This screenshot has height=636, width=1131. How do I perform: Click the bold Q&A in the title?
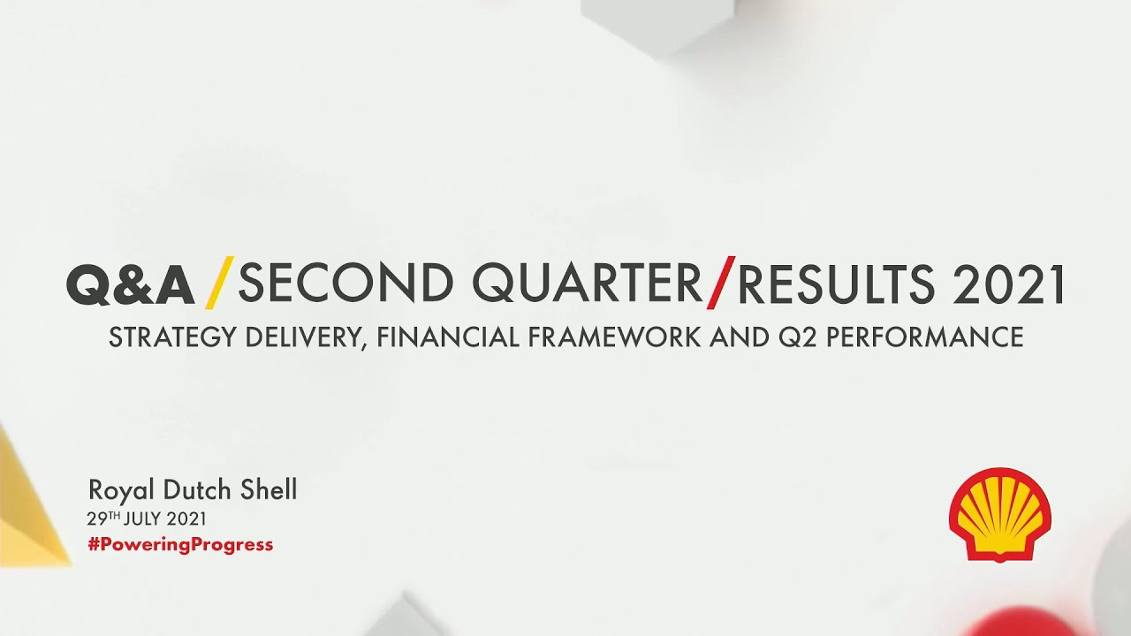130,284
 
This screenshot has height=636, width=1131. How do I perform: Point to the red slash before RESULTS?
720,283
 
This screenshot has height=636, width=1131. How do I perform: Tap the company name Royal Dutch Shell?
193,490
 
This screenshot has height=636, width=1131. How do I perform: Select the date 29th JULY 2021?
147,519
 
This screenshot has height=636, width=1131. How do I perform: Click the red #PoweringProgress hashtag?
180,544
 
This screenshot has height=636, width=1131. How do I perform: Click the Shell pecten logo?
999,514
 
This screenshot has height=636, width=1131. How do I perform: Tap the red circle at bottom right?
1025,623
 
